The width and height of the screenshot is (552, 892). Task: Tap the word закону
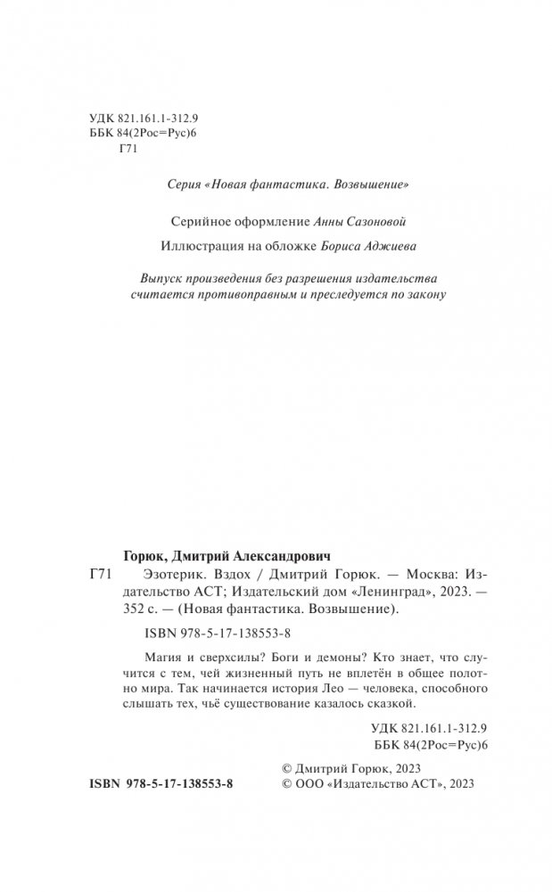tap(424, 293)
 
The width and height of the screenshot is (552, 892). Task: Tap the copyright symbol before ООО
tap(286, 784)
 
